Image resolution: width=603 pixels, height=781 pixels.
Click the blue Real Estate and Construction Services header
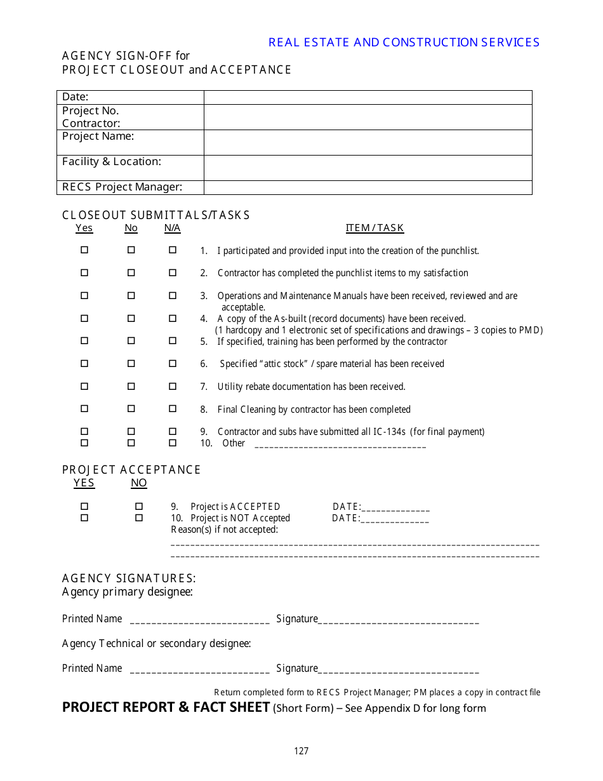[404, 43]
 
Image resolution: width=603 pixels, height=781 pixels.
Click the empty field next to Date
[368, 97]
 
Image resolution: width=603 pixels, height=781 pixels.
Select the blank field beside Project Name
[368, 142]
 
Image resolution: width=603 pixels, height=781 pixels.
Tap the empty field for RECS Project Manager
[368, 187]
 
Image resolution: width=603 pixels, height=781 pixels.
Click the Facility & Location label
[112, 162]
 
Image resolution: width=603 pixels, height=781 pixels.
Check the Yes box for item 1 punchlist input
[84, 250]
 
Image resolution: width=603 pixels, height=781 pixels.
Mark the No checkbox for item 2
[131, 273]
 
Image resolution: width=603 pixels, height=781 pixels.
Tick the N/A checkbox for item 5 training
[172, 341]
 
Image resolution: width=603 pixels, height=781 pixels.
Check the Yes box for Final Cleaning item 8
[84, 409]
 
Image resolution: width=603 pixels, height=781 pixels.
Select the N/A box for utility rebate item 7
[172, 386]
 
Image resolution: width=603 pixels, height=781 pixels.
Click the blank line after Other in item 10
[340, 444]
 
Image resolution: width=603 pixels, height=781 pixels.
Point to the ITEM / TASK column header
[374, 228]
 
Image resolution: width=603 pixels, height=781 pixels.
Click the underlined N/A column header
[172, 228]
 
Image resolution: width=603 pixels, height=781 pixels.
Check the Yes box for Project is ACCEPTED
[84, 507]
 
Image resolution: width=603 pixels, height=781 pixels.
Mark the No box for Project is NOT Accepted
[139, 518]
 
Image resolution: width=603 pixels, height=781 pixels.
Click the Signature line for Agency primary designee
[398, 620]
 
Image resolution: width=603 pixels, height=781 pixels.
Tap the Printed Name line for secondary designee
[199, 670]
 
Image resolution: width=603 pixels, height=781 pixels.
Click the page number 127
[301, 751]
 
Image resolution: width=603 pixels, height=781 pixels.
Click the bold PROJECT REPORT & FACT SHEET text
[166, 707]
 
